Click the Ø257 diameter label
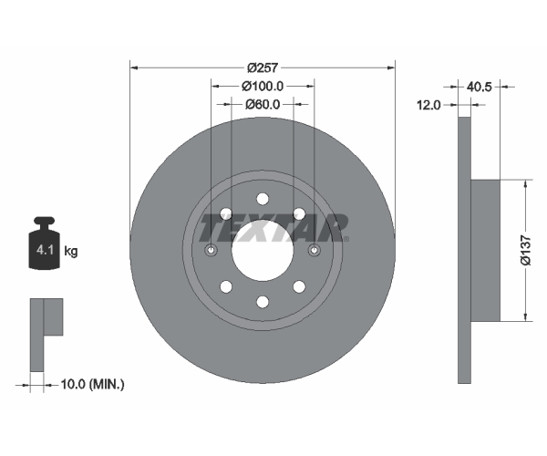[x=263, y=67]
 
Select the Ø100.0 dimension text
[x=263, y=86]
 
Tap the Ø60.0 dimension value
[x=263, y=104]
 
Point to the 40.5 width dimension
[x=479, y=87]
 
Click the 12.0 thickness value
[x=429, y=104]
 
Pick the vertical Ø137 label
[x=525, y=251]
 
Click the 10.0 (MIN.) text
[x=92, y=385]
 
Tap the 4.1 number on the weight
[x=45, y=250]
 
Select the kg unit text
[x=71, y=251]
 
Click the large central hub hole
[x=263, y=250]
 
